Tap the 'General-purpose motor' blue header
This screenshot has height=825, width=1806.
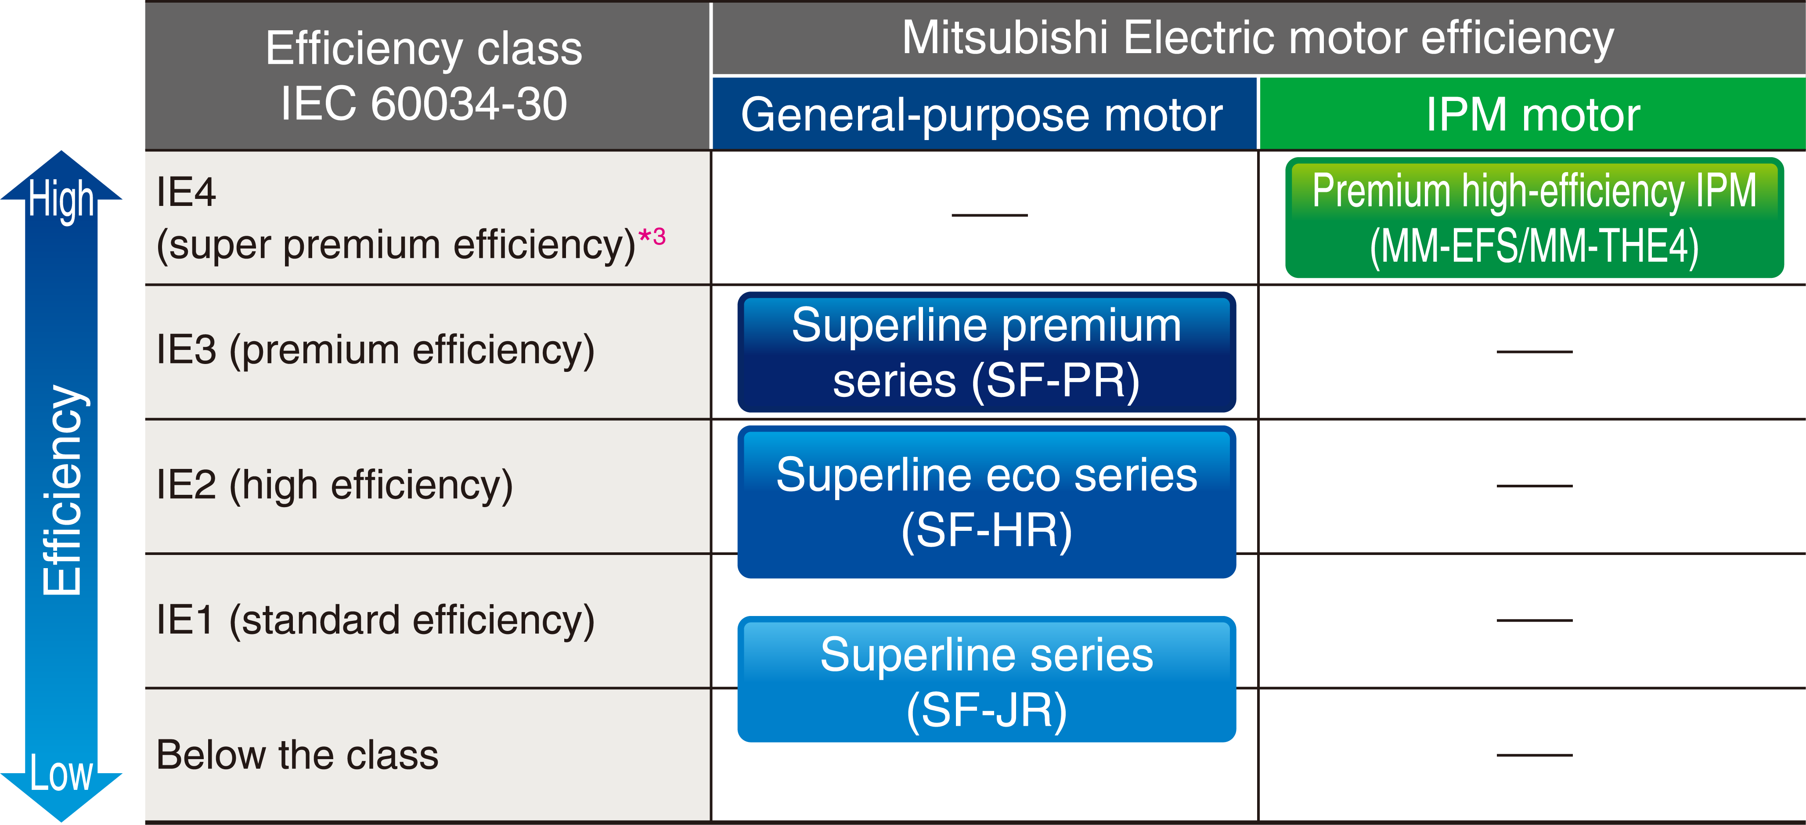984,114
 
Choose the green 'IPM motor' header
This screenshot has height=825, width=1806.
1532,114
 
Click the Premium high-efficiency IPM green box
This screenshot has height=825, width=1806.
1534,218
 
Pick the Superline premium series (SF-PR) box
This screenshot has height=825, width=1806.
987,352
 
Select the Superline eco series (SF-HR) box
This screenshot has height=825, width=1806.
987,502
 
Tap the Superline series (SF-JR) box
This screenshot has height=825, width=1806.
987,679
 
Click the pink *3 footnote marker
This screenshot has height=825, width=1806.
652,237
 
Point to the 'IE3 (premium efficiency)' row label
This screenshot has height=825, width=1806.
375,350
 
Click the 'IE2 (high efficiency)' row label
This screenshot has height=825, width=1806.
335,486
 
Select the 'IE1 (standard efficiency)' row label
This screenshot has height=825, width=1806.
375,621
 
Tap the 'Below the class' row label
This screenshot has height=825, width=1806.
297,755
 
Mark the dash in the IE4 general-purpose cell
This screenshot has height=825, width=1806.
989,215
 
